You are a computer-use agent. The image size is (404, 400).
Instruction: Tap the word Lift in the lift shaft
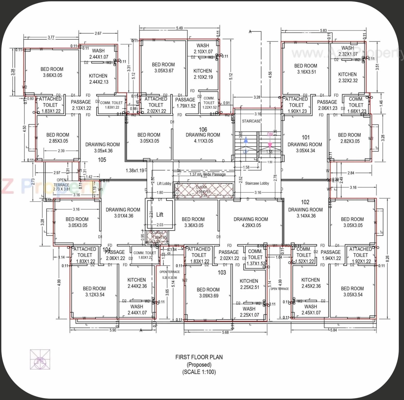(160, 215)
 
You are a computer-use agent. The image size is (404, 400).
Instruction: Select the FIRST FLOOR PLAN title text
(199, 357)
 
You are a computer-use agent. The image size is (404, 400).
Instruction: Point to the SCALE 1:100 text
(199, 372)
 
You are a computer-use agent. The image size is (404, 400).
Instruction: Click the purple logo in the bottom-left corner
(40, 359)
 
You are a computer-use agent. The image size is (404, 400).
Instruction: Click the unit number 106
(203, 130)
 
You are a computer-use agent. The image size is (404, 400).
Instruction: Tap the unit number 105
(102, 160)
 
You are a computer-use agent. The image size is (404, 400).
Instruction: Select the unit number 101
(306, 137)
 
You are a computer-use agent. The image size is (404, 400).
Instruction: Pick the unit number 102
(305, 202)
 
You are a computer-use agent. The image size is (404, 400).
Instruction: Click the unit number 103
(222, 273)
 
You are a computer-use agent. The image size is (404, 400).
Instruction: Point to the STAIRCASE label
(251, 121)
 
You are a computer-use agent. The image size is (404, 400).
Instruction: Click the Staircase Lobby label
(257, 183)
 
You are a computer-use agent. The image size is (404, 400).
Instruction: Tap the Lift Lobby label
(164, 184)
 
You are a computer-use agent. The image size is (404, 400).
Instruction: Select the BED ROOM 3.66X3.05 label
(52, 72)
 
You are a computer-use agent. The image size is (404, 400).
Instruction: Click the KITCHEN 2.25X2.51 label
(249, 284)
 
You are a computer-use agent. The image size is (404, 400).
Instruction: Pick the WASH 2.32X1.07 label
(348, 51)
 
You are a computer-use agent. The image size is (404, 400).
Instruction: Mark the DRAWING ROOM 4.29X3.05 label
(251, 222)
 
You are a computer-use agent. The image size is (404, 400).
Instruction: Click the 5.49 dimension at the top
(179, 28)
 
